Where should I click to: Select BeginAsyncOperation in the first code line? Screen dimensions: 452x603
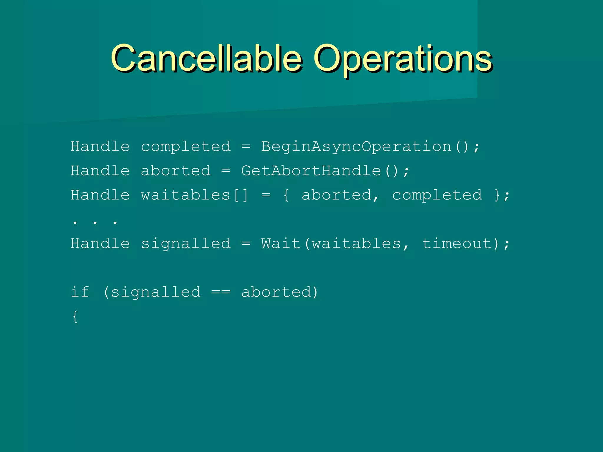(356, 147)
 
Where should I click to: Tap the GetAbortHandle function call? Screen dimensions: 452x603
(311, 171)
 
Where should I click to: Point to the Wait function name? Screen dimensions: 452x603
(281, 244)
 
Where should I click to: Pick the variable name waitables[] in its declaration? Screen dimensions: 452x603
(195, 195)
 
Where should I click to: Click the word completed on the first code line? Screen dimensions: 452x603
(186, 147)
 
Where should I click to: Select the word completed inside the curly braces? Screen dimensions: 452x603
(437, 195)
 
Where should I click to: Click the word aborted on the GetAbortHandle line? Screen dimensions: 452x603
(176, 171)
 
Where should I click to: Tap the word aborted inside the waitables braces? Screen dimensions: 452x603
(337, 195)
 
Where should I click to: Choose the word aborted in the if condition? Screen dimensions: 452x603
(276, 292)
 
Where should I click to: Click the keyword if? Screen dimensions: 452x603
(80, 292)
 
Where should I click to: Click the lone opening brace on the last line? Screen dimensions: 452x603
(75, 317)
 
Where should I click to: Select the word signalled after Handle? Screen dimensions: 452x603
(186, 244)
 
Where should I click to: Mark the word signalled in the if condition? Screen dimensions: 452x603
(155, 292)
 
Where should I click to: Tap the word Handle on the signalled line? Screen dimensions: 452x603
(100, 244)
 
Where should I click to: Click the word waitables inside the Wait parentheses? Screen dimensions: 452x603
(356, 244)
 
